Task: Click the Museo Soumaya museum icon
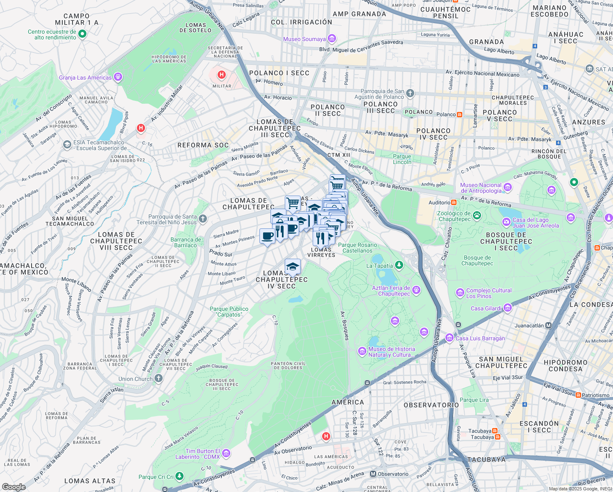pyautogui.click(x=332, y=39)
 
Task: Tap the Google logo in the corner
pyautogui.click(x=14, y=487)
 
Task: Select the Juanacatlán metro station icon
pyautogui.click(x=549, y=326)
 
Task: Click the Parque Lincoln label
pyautogui.click(x=402, y=159)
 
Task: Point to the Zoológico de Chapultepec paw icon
pyautogui.click(x=477, y=215)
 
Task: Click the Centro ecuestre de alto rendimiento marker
pyautogui.click(x=82, y=34)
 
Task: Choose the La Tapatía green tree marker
pyautogui.click(x=399, y=266)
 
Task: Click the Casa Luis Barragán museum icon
pyautogui.click(x=450, y=338)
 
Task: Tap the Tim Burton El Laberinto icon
pyautogui.click(x=226, y=453)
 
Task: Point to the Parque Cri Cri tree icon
pyautogui.click(x=179, y=476)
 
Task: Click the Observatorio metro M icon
pyautogui.click(x=373, y=474)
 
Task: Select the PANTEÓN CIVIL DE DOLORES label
pyautogui.click(x=288, y=365)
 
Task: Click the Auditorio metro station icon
pyautogui.click(x=454, y=203)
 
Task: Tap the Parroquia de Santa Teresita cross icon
pyautogui.click(x=203, y=219)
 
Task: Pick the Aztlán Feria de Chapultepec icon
pyautogui.click(x=416, y=290)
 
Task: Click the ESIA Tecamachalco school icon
pyautogui.click(x=67, y=145)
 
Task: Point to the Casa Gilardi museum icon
pyautogui.click(x=508, y=308)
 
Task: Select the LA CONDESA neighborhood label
pyautogui.click(x=590, y=305)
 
